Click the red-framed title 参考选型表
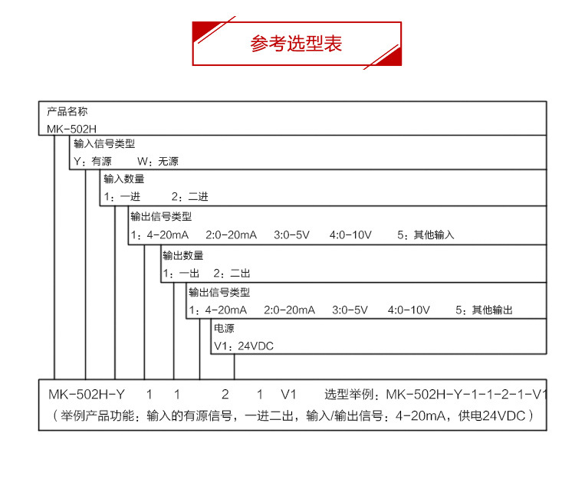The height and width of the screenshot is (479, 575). (x=296, y=44)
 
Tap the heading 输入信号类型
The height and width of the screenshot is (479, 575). (x=103, y=144)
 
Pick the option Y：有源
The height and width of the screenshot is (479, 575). (x=92, y=162)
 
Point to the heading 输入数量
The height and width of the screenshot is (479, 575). (x=123, y=179)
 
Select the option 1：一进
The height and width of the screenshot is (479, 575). (x=122, y=197)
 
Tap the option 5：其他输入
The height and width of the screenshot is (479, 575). (x=426, y=235)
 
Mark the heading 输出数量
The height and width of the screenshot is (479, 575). (x=183, y=255)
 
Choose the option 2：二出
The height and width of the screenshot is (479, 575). (x=232, y=273)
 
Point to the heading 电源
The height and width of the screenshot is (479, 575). (x=223, y=328)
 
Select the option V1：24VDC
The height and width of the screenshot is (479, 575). (x=243, y=346)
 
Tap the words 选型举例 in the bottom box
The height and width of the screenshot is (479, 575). (x=350, y=395)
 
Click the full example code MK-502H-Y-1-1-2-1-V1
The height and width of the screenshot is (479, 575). (x=467, y=395)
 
